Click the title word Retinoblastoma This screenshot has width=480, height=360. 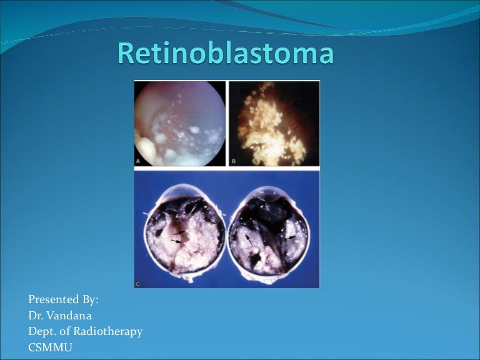[225, 54]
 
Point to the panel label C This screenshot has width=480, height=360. [138, 283]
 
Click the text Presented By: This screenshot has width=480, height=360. [63, 300]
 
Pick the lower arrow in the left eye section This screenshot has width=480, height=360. [177, 241]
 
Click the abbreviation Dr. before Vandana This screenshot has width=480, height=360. [35, 316]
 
